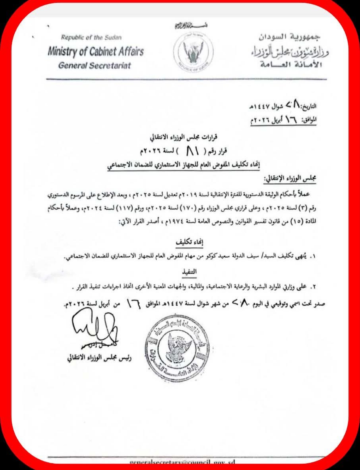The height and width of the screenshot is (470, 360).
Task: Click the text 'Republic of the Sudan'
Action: tap(91, 38)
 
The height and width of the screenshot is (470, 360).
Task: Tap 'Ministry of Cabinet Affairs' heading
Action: tap(95, 52)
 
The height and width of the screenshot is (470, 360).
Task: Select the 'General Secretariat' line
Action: tap(94, 65)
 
